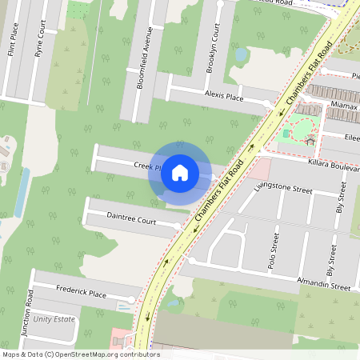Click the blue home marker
tap(180, 172)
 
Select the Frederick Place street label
tap(81, 292)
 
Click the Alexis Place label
tap(223, 97)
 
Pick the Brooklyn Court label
tap(214, 48)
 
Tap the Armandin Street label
tap(323, 284)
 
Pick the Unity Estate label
tap(53, 319)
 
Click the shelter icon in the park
tap(310, 140)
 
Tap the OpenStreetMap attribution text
tap(82, 354)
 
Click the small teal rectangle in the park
tap(286, 133)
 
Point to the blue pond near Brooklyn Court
tap(241, 54)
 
